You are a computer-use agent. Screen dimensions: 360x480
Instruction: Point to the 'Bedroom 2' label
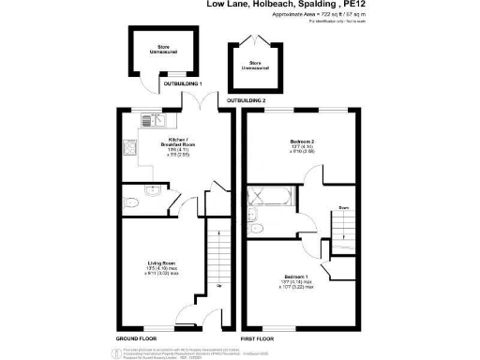[301, 142]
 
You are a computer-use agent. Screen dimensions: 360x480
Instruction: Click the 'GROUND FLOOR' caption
[135, 336]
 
